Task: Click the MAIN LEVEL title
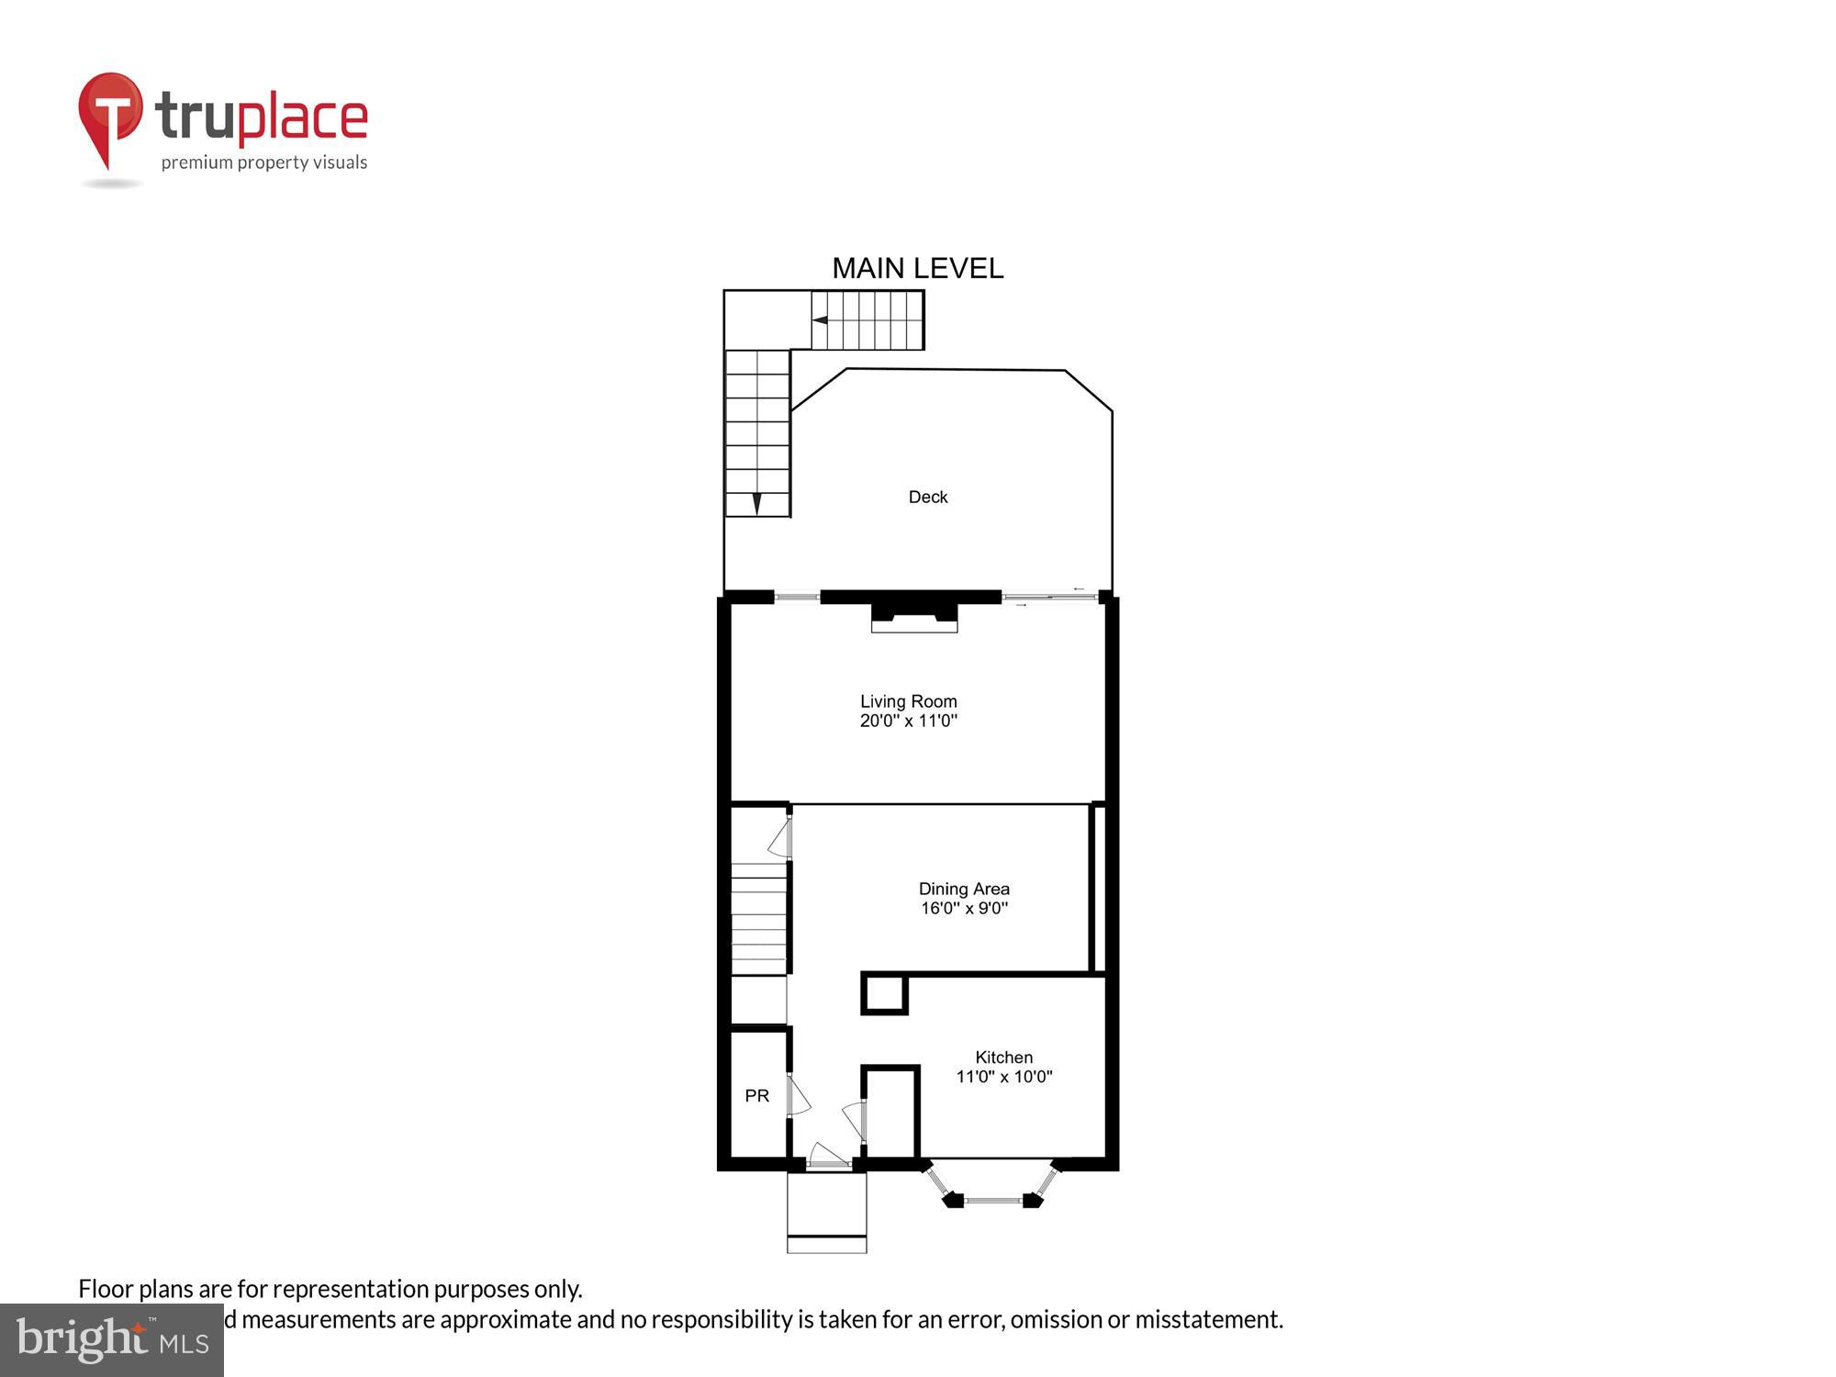917,268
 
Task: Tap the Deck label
927,497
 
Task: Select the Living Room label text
908,701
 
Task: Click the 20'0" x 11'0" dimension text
908,721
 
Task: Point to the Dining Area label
964,889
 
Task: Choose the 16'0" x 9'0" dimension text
964,908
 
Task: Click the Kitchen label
1003,1058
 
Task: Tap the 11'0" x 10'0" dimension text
1003,1077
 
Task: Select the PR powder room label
756,1095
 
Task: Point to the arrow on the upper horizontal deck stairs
820,320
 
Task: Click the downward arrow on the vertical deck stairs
756,504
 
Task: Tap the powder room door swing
798,1096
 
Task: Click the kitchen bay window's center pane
992,1200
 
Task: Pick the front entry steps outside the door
826,1212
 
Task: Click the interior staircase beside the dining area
758,918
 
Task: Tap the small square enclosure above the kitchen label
884,994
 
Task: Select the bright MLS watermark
112,1340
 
